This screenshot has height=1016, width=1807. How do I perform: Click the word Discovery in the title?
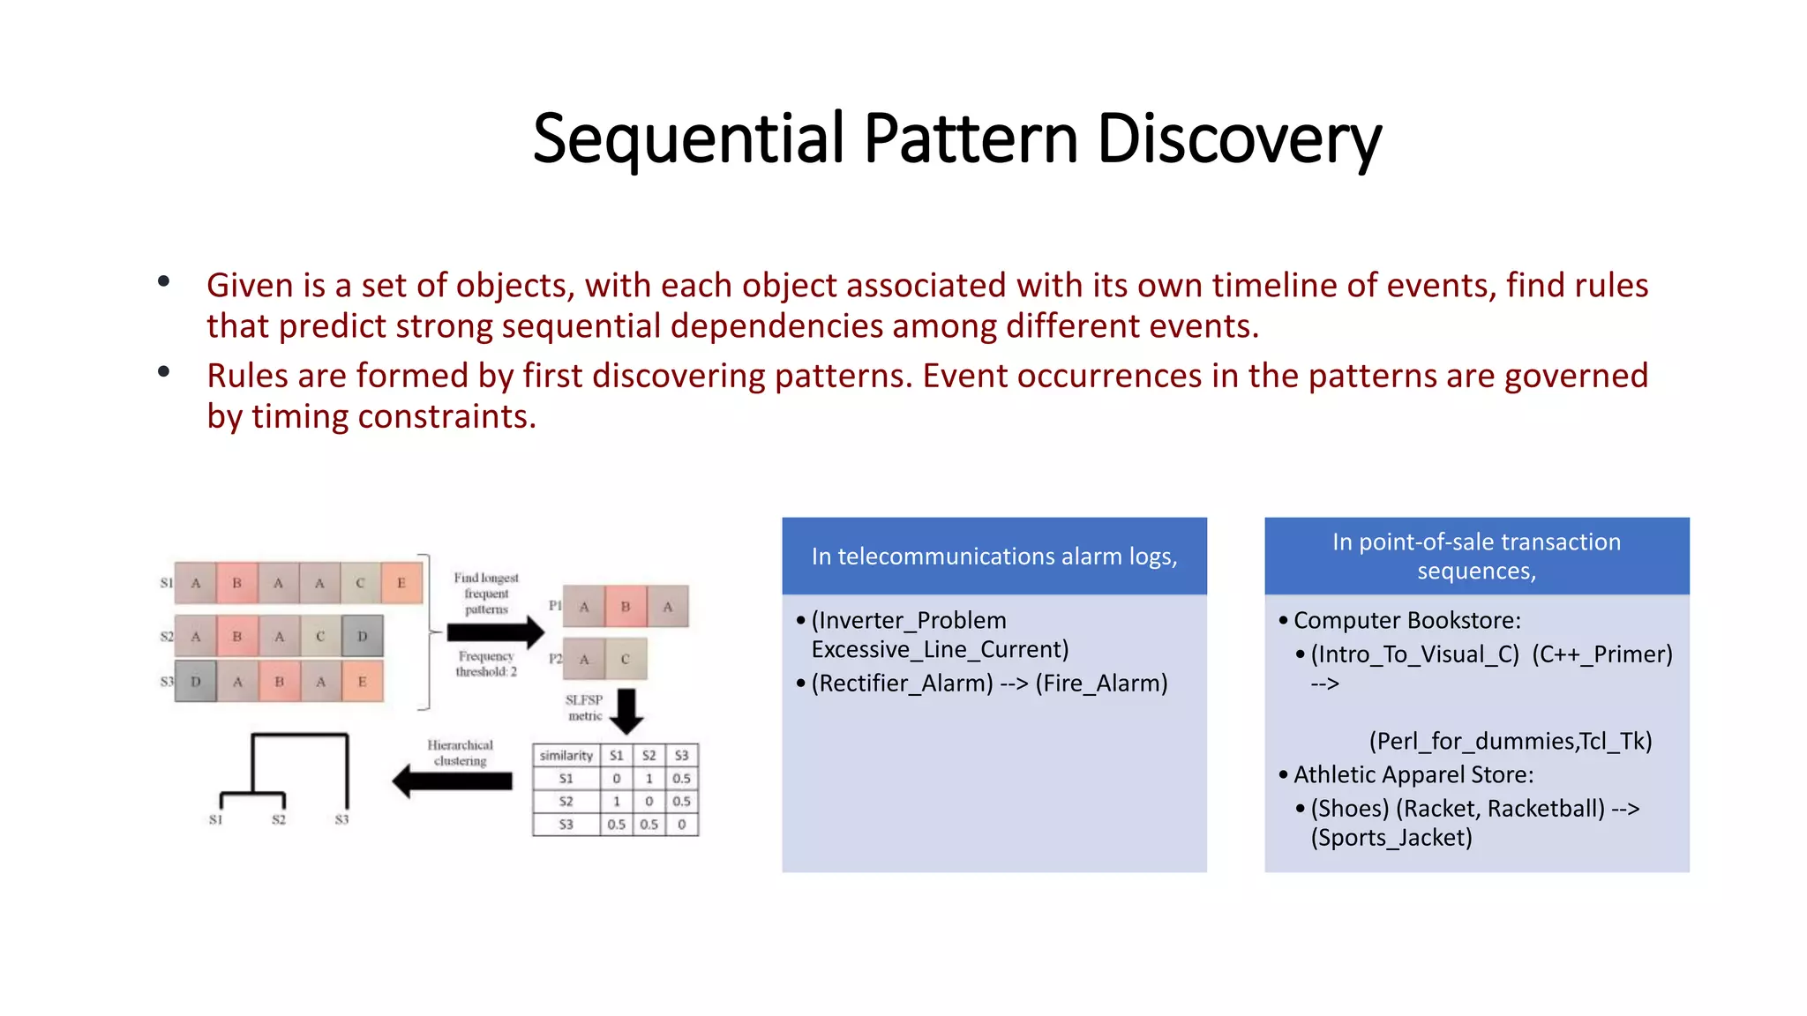click(1238, 139)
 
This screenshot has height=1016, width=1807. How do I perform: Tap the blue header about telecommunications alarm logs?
click(993, 557)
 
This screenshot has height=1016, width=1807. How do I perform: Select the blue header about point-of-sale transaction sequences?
click(1476, 557)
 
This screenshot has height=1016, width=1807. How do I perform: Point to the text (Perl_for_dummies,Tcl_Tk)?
click(1510, 741)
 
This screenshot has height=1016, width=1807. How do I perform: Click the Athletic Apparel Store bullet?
click(1413, 775)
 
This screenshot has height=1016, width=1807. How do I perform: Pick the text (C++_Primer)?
click(1601, 654)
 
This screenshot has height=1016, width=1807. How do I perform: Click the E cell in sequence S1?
click(401, 583)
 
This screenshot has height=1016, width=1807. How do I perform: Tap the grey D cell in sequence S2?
click(362, 636)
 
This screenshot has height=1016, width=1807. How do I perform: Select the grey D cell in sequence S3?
click(196, 682)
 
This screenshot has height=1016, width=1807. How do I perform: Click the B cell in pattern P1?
click(626, 607)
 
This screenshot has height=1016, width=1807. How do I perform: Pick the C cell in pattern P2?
click(626, 659)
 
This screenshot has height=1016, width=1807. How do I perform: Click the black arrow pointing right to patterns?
click(495, 632)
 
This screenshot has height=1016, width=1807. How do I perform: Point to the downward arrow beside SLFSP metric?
click(626, 711)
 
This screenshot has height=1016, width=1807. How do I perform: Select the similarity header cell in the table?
click(566, 756)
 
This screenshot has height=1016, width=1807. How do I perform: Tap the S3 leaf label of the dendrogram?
click(342, 820)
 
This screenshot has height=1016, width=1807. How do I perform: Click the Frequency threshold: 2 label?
click(486, 664)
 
